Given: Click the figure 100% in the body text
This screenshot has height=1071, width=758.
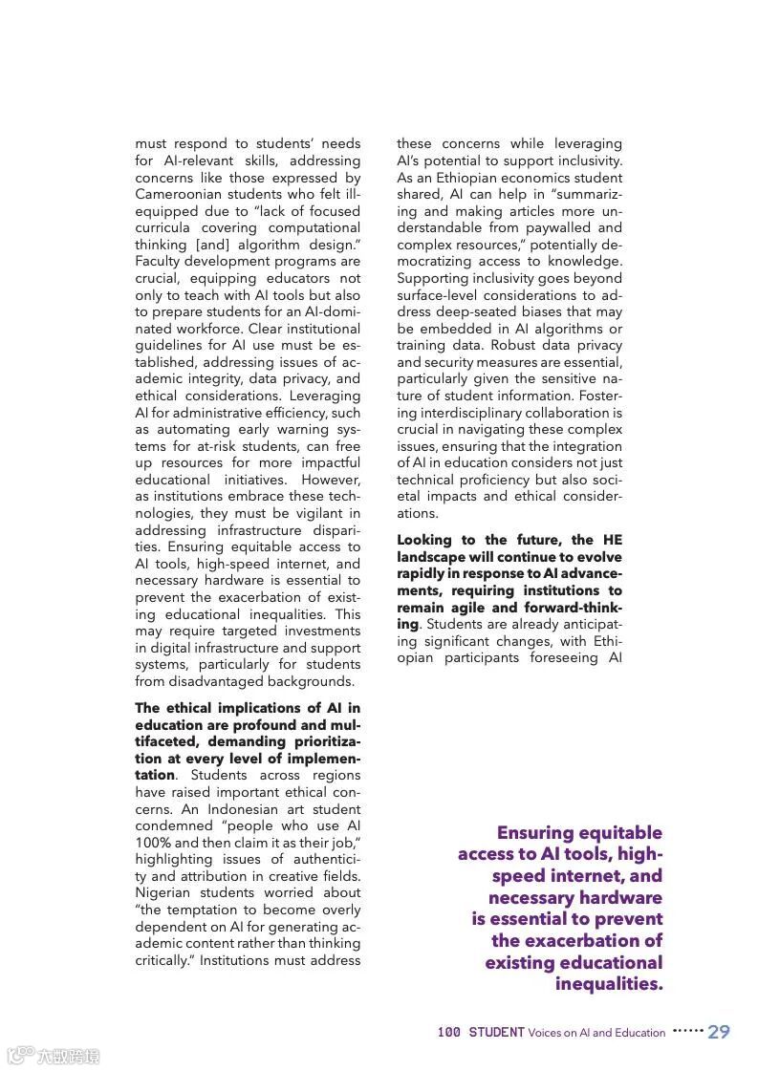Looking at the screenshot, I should pyautogui.click(x=152, y=843).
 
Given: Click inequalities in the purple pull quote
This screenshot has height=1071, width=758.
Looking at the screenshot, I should pyautogui.click(x=609, y=984).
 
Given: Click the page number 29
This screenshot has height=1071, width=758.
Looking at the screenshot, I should pyautogui.click(x=719, y=1032).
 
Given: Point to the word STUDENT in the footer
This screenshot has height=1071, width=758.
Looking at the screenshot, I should pyautogui.click(x=496, y=1033).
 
